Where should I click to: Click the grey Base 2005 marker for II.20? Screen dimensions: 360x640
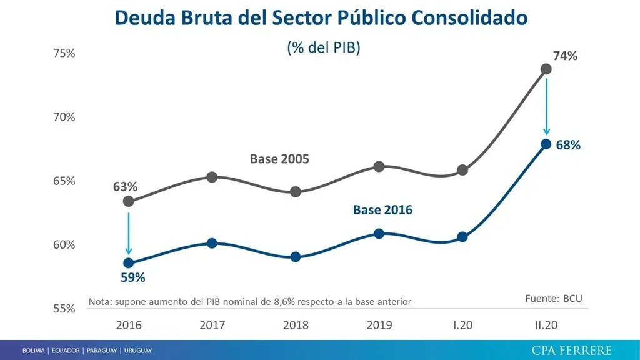pos(546,69)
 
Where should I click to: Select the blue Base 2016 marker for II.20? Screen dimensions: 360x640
pos(546,144)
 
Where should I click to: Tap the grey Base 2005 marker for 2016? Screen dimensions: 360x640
pos(129,201)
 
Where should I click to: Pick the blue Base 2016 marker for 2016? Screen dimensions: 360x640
pos(129,263)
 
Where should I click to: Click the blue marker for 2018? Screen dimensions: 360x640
pos(296,257)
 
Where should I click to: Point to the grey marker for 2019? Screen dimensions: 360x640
pos(379,166)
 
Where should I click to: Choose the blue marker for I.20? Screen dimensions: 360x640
pos(462,237)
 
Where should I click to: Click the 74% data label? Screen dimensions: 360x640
pos(565,56)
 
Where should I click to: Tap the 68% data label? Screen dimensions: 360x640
pos(568,146)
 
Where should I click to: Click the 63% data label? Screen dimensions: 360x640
pos(125,187)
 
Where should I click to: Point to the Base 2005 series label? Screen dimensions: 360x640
pos(279,159)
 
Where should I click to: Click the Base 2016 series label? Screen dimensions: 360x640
pos(382,210)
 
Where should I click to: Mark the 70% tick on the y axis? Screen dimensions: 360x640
pos(62,117)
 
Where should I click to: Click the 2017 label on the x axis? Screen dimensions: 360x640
pos(212,326)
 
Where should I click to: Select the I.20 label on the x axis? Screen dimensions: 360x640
pos(462,326)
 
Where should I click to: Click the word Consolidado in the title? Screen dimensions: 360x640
pos(469,17)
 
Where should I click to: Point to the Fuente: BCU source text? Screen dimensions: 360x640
pos(554,299)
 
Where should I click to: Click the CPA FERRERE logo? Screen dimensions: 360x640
pos(571,350)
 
